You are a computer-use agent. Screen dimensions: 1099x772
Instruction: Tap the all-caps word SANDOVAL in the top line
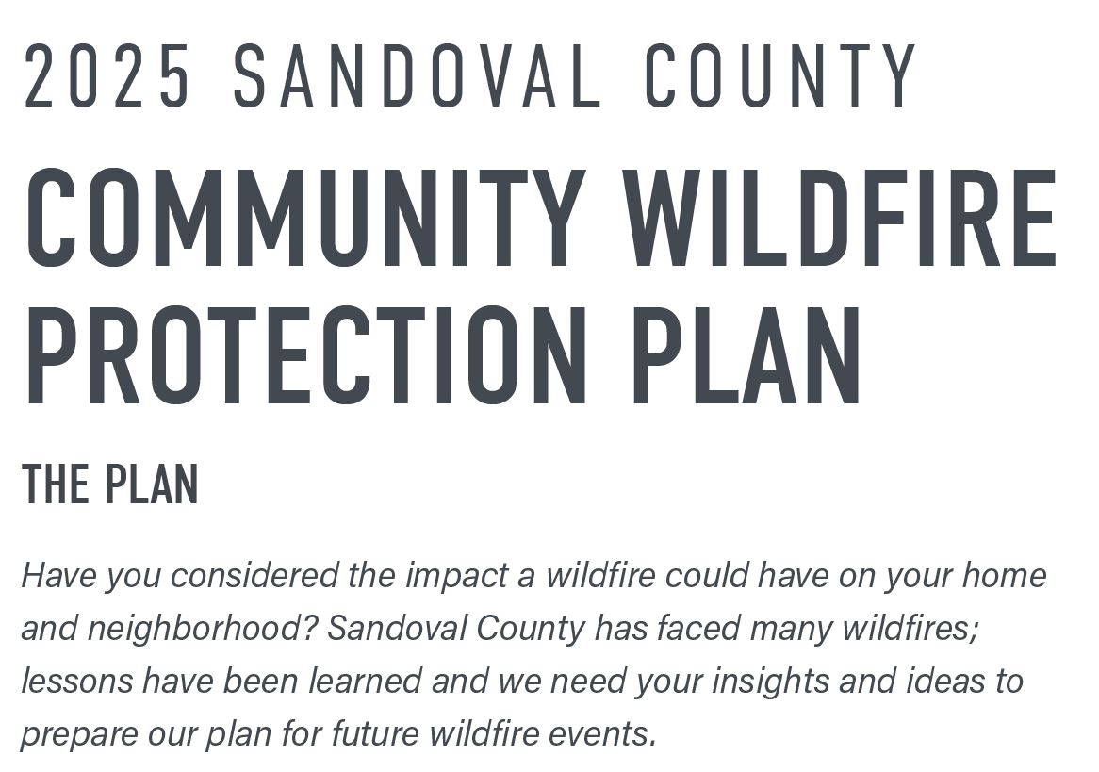click(x=417, y=75)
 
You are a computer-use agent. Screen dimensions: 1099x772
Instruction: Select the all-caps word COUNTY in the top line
click(x=779, y=75)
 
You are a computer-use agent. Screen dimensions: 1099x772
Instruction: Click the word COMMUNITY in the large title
click(x=305, y=218)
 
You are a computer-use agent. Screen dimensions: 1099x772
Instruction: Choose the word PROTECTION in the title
click(x=306, y=355)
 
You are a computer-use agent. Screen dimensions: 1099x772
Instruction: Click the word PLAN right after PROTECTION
click(x=746, y=355)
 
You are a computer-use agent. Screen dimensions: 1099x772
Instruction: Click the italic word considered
click(x=255, y=575)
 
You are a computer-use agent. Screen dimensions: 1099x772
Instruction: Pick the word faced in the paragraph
click(x=698, y=628)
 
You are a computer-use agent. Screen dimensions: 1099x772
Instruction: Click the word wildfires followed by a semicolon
click(x=910, y=628)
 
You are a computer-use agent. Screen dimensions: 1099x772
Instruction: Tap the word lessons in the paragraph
click(x=76, y=681)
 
